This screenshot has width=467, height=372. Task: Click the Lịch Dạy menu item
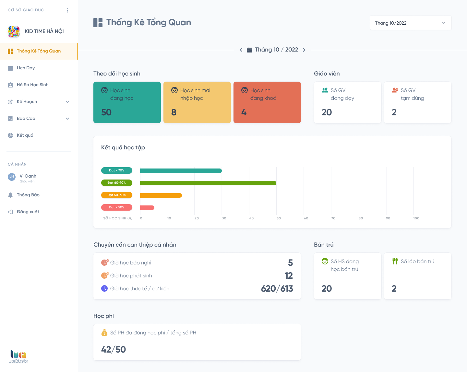coord(26,68)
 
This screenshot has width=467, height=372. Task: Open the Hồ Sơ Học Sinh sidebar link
coord(32,85)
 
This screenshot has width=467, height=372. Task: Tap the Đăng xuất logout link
coord(28,212)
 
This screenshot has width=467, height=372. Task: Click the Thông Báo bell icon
coord(10,195)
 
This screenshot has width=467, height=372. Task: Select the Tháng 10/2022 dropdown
coord(411,23)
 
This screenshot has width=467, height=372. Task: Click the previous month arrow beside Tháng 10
coord(241,50)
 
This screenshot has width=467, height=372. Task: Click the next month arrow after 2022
coord(304,50)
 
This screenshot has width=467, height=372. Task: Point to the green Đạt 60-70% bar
coord(208,183)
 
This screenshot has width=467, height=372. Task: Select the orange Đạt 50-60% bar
coord(161,195)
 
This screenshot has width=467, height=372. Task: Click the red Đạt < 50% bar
coord(147,208)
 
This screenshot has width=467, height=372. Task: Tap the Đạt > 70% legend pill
coord(117,170)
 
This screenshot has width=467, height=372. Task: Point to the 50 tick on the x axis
coord(279,218)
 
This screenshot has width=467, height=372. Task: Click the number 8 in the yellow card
coord(174,112)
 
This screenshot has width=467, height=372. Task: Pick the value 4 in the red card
coord(244,112)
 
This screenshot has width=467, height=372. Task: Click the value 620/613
coord(277,289)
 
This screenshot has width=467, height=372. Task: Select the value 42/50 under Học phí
coord(114,350)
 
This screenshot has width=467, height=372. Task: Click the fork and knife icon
coord(395,261)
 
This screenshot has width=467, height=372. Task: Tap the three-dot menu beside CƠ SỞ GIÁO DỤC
coord(67,10)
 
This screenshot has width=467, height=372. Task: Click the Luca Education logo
coord(18,356)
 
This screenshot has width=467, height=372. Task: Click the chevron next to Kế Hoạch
coord(67,102)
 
